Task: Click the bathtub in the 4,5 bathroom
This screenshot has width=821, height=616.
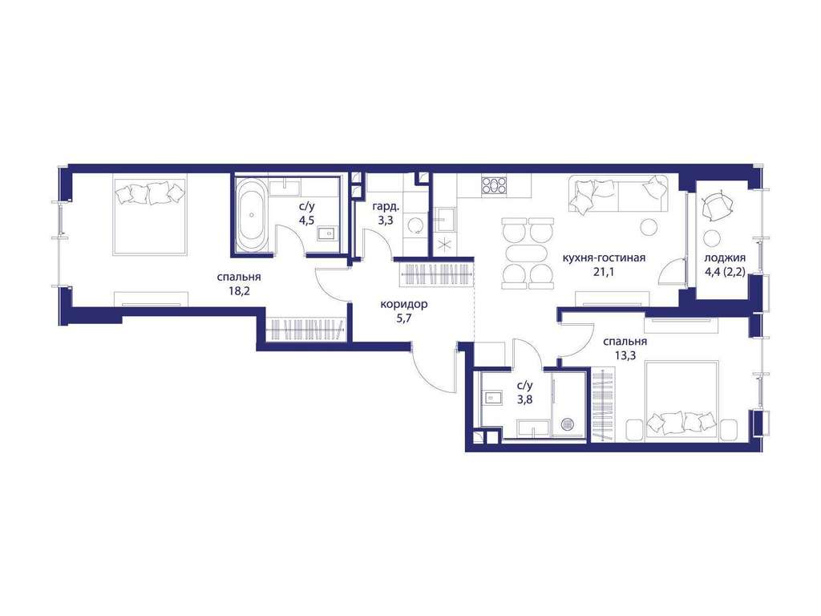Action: pyautogui.click(x=252, y=215)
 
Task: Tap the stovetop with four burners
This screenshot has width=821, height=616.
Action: pyautogui.click(x=494, y=185)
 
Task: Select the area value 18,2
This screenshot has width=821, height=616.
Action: pyautogui.click(x=239, y=291)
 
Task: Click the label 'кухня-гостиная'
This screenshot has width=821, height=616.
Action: pyautogui.click(x=604, y=257)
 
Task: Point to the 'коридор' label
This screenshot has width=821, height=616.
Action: pyautogui.click(x=404, y=304)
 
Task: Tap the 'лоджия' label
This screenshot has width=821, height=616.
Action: pyautogui.click(x=725, y=257)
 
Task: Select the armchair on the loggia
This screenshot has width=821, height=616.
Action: pyautogui.click(x=715, y=206)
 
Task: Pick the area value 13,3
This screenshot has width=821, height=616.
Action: pyautogui.click(x=625, y=355)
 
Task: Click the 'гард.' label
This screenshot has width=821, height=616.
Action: pyautogui.click(x=386, y=206)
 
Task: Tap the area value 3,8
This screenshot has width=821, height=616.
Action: pyautogui.click(x=524, y=401)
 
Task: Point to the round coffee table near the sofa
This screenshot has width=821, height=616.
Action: pyautogui.click(x=649, y=226)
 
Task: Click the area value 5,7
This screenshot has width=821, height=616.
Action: pyautogui.click(x=404, y=318)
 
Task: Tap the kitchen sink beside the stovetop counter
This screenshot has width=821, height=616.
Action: pyautogui.click(x=445, y=219)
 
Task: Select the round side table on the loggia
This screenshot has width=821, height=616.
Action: pyautogui.click(x=712, y=237)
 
